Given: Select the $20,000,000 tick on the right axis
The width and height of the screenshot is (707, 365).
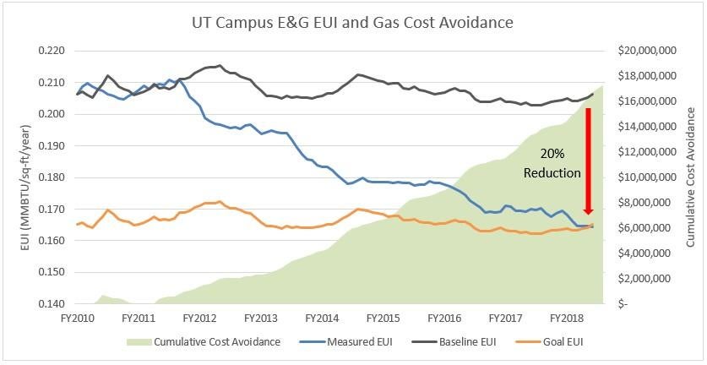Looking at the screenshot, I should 647,51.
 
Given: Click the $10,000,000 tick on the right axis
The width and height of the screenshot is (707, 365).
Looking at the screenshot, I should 647,177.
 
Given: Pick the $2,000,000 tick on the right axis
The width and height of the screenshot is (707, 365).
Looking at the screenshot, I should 650,279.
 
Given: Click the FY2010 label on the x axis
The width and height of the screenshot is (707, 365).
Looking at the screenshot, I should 77,319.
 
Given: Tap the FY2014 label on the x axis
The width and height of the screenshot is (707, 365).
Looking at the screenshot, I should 321,319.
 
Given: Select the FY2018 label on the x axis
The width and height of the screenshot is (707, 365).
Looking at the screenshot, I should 565,319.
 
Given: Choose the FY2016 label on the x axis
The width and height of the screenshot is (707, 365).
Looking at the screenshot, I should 443,319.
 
